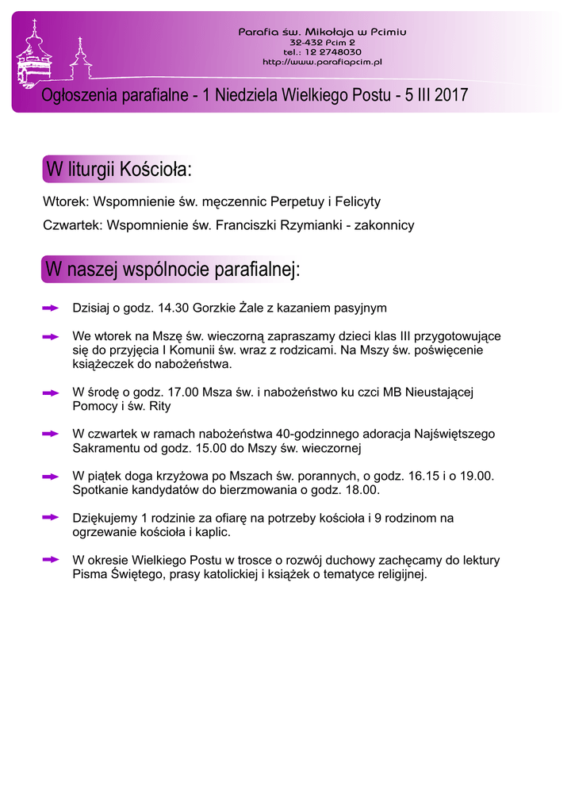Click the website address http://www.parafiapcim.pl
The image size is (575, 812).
click(x=323, y=61)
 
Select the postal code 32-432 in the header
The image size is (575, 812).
click(x=306, y=41)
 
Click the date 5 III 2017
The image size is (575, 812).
click(x=435, y=96)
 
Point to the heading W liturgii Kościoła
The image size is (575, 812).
click(x=119, y=170)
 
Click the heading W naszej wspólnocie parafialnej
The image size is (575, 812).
click(x=173, y=270)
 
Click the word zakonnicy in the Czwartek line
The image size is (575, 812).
click(x=384, y=226)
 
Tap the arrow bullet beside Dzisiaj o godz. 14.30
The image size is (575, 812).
click(x=51, y=307)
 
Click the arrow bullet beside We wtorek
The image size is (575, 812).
click(x=51, y=337)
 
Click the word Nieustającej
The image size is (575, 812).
click(x=439, y=393)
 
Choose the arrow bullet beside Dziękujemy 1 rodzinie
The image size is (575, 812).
click(x=51, y=517)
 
